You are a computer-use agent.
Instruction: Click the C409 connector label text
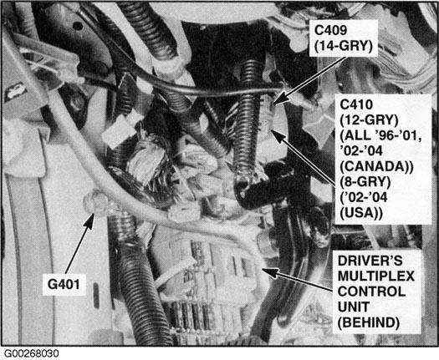[330, 30]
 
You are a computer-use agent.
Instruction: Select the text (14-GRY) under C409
[344, 46]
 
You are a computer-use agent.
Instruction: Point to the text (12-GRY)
[369, 120]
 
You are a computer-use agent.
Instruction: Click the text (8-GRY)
[365, 182]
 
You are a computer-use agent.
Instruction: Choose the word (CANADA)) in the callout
[376, 167]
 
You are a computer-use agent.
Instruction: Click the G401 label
[64, 285]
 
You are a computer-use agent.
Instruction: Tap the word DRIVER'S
[370, 261]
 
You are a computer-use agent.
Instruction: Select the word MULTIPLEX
[376, 276]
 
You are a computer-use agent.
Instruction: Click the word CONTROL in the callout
[371, 292]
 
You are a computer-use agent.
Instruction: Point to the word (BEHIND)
[369, 322]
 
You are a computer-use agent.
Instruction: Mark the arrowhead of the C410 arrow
[277, 135]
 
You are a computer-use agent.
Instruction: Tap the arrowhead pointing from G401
[90, 221]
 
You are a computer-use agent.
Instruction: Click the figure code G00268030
[32, 353]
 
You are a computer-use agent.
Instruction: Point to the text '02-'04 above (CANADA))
[361, 151]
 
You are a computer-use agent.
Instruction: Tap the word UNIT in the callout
[354, 307]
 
